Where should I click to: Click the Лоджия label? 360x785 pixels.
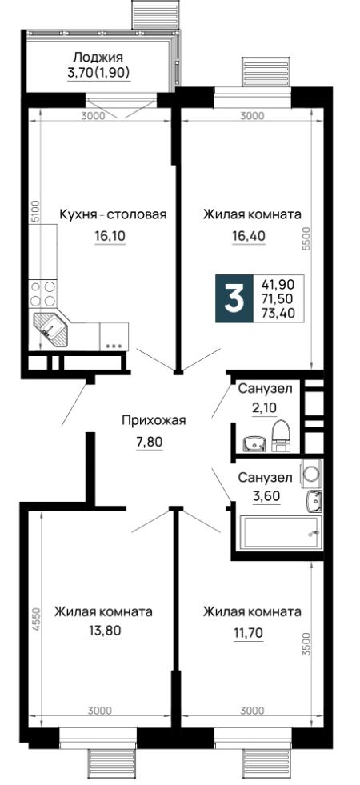click(98, 57)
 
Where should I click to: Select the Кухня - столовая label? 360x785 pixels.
click(113, 214)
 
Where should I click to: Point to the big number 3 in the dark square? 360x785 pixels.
click(234, 299)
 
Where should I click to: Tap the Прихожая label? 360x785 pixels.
click(154, 420)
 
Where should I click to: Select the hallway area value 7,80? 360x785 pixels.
click(150, 442)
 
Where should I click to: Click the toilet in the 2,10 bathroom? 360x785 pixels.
click(280, 433)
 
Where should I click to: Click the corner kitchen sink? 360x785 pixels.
click(50, 330)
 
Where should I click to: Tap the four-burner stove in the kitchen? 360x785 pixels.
click(42, 294)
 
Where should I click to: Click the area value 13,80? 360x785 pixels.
click(104, 631)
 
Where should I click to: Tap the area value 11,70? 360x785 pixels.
click(248, 631)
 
